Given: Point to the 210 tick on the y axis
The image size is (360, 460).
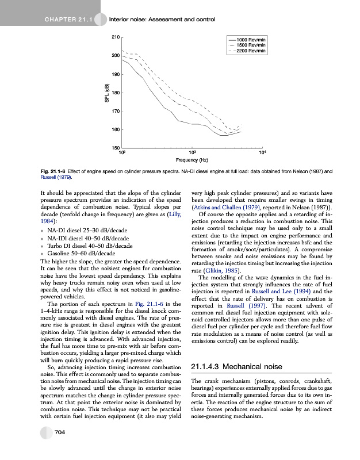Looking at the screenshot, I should pos(115,37).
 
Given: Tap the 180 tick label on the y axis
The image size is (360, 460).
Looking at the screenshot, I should pos(115,93).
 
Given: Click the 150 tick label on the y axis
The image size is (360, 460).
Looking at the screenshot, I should pos(115,148).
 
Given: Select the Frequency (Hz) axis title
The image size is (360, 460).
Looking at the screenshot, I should pos(192,159).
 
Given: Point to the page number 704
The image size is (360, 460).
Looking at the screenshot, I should pos(59,448).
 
